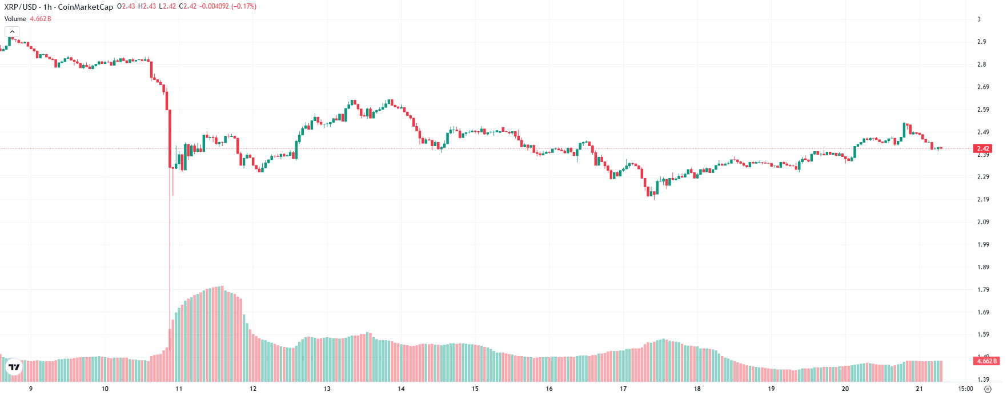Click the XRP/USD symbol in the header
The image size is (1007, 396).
21,7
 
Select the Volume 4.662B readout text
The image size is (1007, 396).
27,19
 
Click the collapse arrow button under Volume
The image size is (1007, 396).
12,32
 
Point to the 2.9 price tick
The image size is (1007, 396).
981,42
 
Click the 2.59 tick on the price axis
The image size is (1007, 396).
982,110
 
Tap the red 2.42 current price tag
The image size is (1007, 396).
982,148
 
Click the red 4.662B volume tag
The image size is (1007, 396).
986,361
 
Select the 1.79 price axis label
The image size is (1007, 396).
982,290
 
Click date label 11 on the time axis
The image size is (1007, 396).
179,389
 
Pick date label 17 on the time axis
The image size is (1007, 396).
623,389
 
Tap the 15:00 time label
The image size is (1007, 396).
965,389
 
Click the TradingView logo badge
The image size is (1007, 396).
14,367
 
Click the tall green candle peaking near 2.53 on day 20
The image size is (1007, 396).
904,130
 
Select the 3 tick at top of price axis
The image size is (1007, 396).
978,19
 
